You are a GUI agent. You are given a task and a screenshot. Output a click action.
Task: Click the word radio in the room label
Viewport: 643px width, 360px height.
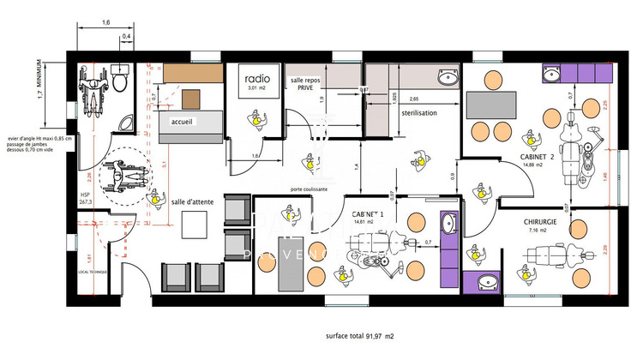coord(252,76)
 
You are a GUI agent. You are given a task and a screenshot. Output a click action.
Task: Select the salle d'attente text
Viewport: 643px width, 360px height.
coord(191,201)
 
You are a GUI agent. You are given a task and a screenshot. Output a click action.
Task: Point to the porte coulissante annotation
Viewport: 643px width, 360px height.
coord(309,189)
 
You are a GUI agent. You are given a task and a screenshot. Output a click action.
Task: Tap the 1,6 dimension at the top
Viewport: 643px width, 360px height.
coord(105,23)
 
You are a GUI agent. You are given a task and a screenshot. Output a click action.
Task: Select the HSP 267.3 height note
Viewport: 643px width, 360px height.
coord(86,198)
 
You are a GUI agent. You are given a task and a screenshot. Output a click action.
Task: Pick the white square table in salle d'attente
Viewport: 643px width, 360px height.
coord(195,223)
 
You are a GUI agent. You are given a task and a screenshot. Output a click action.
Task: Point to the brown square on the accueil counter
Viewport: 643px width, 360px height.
coord(189,97)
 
